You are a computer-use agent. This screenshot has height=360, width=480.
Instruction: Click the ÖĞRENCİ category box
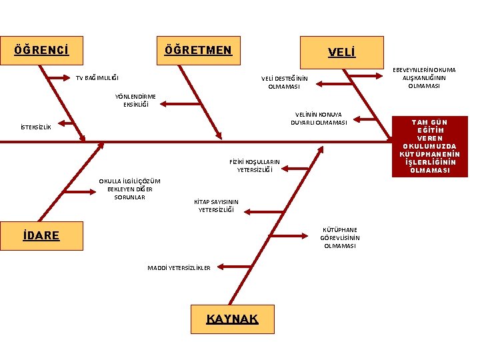pyautogui.click(x=42, y=51)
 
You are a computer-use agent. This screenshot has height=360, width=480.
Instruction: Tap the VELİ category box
pyautogui.click(x=342, y=51)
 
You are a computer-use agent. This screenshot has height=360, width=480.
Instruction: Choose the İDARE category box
pyautogui.click(x=41, y=235)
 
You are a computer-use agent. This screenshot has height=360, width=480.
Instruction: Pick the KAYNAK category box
pyautogui.click(x=232, y=319)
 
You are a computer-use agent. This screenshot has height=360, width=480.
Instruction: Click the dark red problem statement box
pyautogui.click(x=430, y=146)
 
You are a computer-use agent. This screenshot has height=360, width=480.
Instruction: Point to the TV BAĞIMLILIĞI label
pyautogui.click(x=97, y=78)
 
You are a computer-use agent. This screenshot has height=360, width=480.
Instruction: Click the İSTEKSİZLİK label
pyautogui.click(x=36, y=127)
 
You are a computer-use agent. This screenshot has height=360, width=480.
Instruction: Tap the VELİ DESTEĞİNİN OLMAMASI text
pyautogui.click(x=284, y=82)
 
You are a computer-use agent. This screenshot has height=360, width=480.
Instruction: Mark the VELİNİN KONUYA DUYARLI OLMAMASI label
pyautogui.click(x=319, y=118)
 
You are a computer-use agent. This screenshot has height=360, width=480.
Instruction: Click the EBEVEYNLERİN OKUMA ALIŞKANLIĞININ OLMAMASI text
pyautogui.click(x=424, y=77)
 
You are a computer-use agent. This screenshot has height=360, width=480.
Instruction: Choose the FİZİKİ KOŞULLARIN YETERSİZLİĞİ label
pyautogui.click(x=255, y=165)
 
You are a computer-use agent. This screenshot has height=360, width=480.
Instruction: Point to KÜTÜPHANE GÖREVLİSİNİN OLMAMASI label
pyautogui.click(x=340, y=237)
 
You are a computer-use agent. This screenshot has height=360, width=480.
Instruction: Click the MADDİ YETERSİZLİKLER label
pyautogui.click(x=179, y=268)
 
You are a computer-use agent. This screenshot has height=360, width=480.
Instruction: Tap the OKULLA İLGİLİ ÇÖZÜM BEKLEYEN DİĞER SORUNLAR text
pyautogui.click(x=129, y=189)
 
